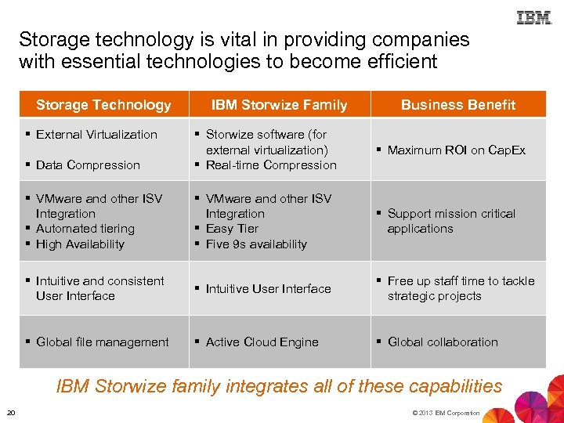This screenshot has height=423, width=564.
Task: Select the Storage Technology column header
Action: [x=103, y=105]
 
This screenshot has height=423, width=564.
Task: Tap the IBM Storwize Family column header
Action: [x=280, y=105]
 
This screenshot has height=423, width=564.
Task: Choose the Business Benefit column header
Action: [x=458, y=105]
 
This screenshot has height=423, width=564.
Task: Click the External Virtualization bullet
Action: [x=96, y=135]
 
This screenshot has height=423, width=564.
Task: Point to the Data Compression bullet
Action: [x=88, y=165]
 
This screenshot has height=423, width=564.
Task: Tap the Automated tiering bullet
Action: [x=85, y=229]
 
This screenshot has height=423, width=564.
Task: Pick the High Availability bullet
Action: [x=80, y=244]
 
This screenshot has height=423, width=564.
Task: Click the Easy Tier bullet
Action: [x=231, y=229]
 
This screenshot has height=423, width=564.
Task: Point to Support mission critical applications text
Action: [x=451, y=221]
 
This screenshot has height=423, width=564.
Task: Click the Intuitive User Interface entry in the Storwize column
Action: [x=268, y=289]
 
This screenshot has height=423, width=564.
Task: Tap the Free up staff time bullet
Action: [x=461, y=288]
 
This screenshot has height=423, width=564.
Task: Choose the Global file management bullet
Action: [x=102, y=342]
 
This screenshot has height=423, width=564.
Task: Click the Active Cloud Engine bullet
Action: [x=262, y=342]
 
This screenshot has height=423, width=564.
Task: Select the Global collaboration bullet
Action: [x=443, y=342]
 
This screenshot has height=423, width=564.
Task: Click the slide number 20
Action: [x=11, y=413]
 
